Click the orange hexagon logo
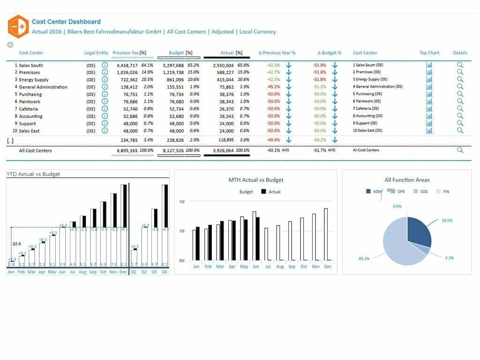click(18, 27)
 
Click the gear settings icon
click(10, 45)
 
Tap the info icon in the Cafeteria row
click(105, 109)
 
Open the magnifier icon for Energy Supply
click(460, 80)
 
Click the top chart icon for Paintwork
click(429, 101)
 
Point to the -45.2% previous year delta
click(273, 87)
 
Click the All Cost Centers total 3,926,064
click(220, 150)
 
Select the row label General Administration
click(43, 87)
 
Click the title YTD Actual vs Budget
click(33, 174)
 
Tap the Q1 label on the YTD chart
click(134, 272)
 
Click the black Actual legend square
click(263, 192)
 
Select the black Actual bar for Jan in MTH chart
click(198, 243)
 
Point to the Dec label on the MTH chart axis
click(328, 266)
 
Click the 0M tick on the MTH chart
click(182, 261)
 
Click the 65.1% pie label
click(364, 258)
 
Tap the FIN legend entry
click(443, 192)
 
